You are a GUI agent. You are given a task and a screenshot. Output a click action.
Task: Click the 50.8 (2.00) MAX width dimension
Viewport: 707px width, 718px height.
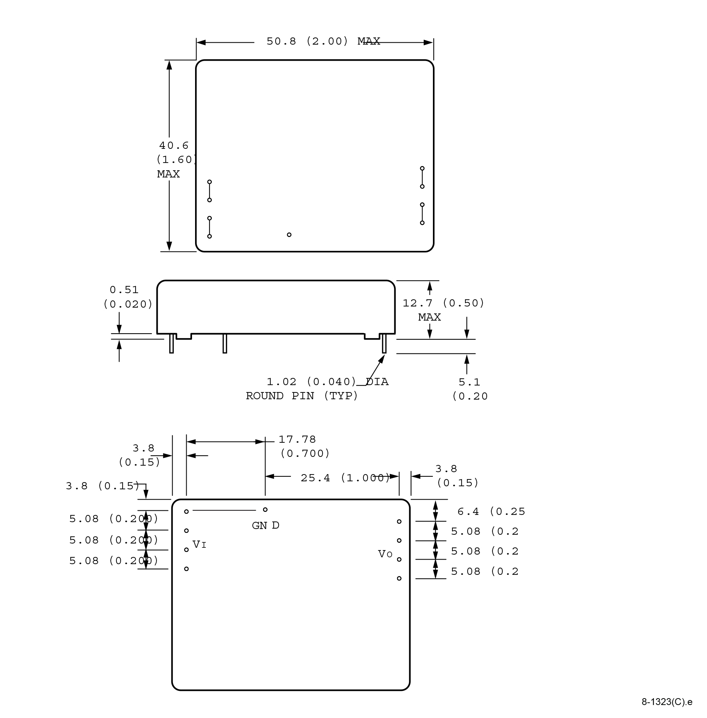[323, 41]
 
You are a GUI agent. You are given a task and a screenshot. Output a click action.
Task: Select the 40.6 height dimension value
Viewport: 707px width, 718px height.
[174, 145]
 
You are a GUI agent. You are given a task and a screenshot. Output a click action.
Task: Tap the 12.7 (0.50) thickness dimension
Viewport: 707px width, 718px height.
[443, 303]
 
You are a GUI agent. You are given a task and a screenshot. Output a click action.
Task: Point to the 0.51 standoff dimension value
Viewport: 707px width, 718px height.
[124, 290]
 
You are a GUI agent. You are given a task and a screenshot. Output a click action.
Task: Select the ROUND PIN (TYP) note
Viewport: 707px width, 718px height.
[302, 396]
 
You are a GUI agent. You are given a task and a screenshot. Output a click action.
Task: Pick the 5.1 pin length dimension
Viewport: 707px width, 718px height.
[469, 382]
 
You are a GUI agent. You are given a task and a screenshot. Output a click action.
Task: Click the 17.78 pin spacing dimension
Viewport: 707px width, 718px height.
[297, 440]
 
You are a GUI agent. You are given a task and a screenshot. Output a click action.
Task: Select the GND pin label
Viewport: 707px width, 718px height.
[265, 526]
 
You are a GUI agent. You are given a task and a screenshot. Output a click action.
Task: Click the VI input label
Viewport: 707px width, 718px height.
[199, 545]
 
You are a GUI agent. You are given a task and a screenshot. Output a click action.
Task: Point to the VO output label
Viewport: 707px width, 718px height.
[385, 554]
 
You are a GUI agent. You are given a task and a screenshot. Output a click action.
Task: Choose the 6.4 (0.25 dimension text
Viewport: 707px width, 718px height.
[491, 511]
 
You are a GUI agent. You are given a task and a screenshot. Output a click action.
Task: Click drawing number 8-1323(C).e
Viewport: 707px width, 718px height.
[667, 702]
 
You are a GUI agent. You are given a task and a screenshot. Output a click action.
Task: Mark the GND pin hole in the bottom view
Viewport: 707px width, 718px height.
[265, 510]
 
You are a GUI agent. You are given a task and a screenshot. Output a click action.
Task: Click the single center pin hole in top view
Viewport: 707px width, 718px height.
[289, 235]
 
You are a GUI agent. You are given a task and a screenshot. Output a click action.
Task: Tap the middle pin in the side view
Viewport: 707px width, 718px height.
[225, 343]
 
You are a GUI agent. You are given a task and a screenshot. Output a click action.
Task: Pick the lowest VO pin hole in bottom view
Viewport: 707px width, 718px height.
[399, 578]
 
